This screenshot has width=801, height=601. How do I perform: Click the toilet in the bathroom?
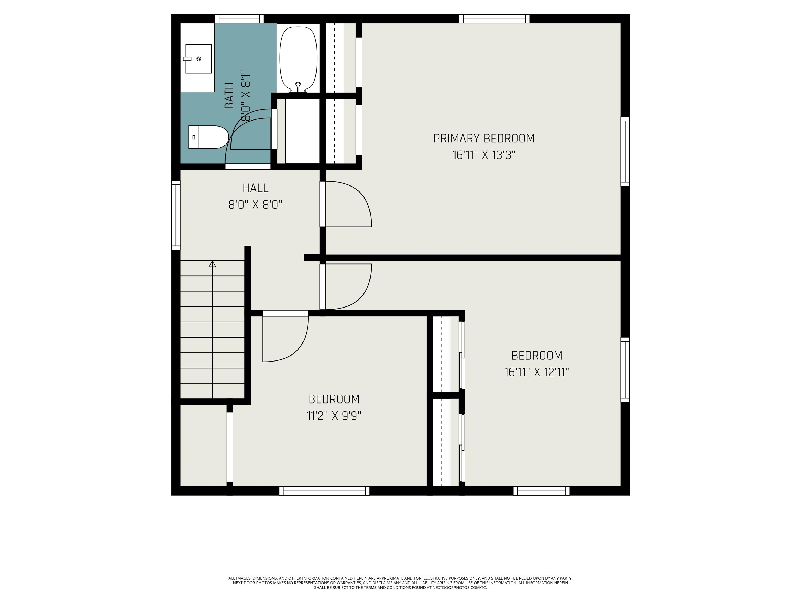[x=208, y=137]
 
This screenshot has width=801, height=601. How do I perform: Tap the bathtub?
[x=298, y=58]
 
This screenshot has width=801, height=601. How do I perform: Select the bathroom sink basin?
[x=198, y=59]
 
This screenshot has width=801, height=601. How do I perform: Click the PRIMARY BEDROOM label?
[x=484, y=139]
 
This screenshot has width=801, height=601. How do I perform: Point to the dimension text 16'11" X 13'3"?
[x=484, y=155]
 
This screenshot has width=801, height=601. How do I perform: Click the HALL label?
[x=255, y=188]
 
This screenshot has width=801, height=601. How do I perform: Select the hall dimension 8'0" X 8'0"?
[x=255, y=205]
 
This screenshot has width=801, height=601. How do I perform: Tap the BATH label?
[x=229, y=96]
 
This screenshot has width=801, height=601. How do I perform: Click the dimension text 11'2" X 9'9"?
[x=334, y=416]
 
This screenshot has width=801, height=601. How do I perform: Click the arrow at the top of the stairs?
[x=212, y=264]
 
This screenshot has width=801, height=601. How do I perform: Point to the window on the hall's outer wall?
[x=176, y=215]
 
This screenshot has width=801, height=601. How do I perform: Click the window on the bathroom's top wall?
[x=239, y=19]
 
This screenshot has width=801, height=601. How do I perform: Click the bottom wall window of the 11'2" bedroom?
[x=324, y=491]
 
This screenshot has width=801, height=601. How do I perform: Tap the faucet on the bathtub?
[x=298, y=87]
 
